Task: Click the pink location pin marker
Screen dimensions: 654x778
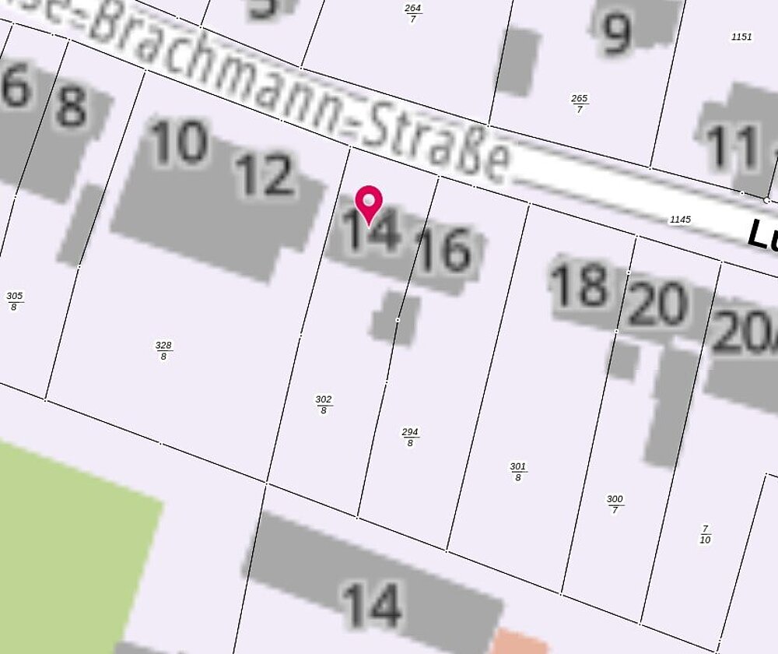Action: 368,204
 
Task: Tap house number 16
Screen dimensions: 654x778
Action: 443,251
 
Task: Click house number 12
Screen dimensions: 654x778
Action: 265,175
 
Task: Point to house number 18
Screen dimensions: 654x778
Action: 579,285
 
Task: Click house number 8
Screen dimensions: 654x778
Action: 71,107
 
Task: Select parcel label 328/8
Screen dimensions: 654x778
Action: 163,350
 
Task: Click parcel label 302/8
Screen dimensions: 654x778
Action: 324,404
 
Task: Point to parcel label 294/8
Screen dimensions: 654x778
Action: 410,437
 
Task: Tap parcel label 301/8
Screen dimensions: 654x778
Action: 518,471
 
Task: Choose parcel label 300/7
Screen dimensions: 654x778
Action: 615,504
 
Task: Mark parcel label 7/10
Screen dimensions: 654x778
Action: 705,533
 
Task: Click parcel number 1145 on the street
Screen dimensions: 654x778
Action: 680,220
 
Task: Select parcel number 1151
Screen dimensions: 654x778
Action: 742,37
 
